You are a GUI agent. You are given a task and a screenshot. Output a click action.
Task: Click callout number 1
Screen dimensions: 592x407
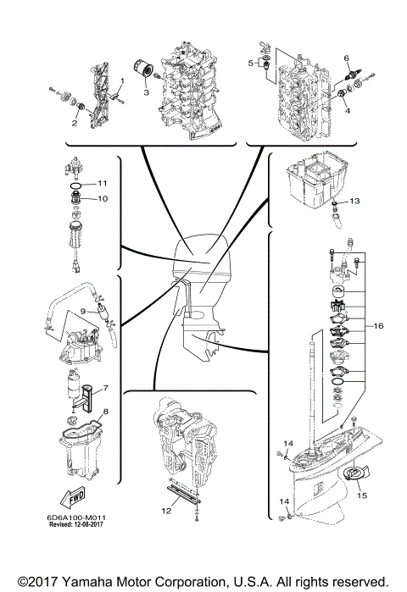click(121, 80)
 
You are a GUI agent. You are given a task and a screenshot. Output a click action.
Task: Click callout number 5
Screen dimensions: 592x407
click(250, 63)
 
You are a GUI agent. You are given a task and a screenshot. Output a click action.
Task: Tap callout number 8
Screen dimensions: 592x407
click(104, 412)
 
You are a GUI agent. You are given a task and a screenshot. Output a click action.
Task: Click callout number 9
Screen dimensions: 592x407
click(84, 311)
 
